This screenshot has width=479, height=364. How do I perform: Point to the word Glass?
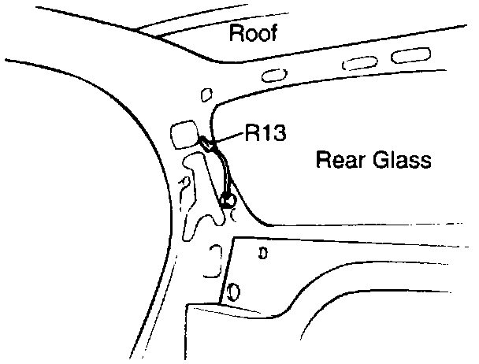click(404, 162)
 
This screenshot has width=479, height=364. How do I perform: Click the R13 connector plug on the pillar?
click(207, 143)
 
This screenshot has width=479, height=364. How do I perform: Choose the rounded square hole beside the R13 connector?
click(184, 132)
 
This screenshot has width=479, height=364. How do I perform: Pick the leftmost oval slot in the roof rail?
click(274, 75)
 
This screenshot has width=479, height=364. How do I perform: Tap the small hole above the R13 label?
click(206, 95)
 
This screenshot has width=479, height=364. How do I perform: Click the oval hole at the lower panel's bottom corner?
click(232, 293)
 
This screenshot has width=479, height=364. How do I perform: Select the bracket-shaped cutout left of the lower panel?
click(211, 262)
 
